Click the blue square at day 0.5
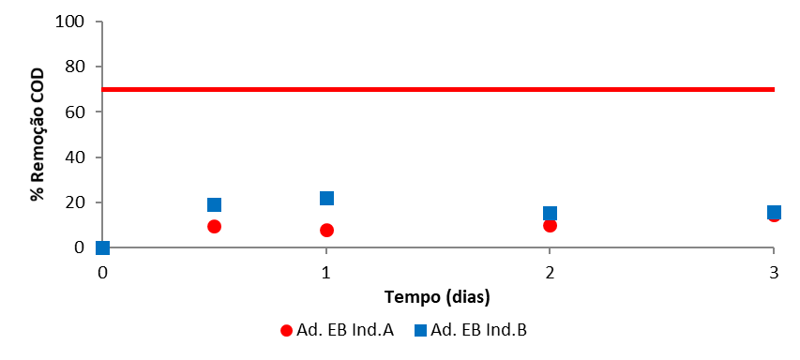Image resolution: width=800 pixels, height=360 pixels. click(214, 205)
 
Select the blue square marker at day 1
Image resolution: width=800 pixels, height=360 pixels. click(326, 198)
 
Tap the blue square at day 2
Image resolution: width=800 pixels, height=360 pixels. click(550, 214)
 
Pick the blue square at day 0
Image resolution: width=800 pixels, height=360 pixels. click(102, 247)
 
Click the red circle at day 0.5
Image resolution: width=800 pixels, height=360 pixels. click(214, 226)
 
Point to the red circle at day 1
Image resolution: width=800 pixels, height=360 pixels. click(326, 230)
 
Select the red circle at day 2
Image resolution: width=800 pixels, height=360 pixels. click(550, 225)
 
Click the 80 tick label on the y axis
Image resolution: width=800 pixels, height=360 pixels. click(77, 67)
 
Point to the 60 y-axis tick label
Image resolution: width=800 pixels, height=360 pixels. click(77, 112)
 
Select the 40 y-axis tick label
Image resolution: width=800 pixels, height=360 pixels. click(77, 157)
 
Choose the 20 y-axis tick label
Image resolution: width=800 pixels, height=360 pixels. click(77, 202)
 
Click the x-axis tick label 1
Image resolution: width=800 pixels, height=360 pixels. click(326, 272)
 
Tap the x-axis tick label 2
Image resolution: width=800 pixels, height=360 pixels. click(550, 272)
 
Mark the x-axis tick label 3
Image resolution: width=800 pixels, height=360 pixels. click(773, 272)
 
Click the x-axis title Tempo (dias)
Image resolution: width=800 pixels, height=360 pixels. click(437, 296)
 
